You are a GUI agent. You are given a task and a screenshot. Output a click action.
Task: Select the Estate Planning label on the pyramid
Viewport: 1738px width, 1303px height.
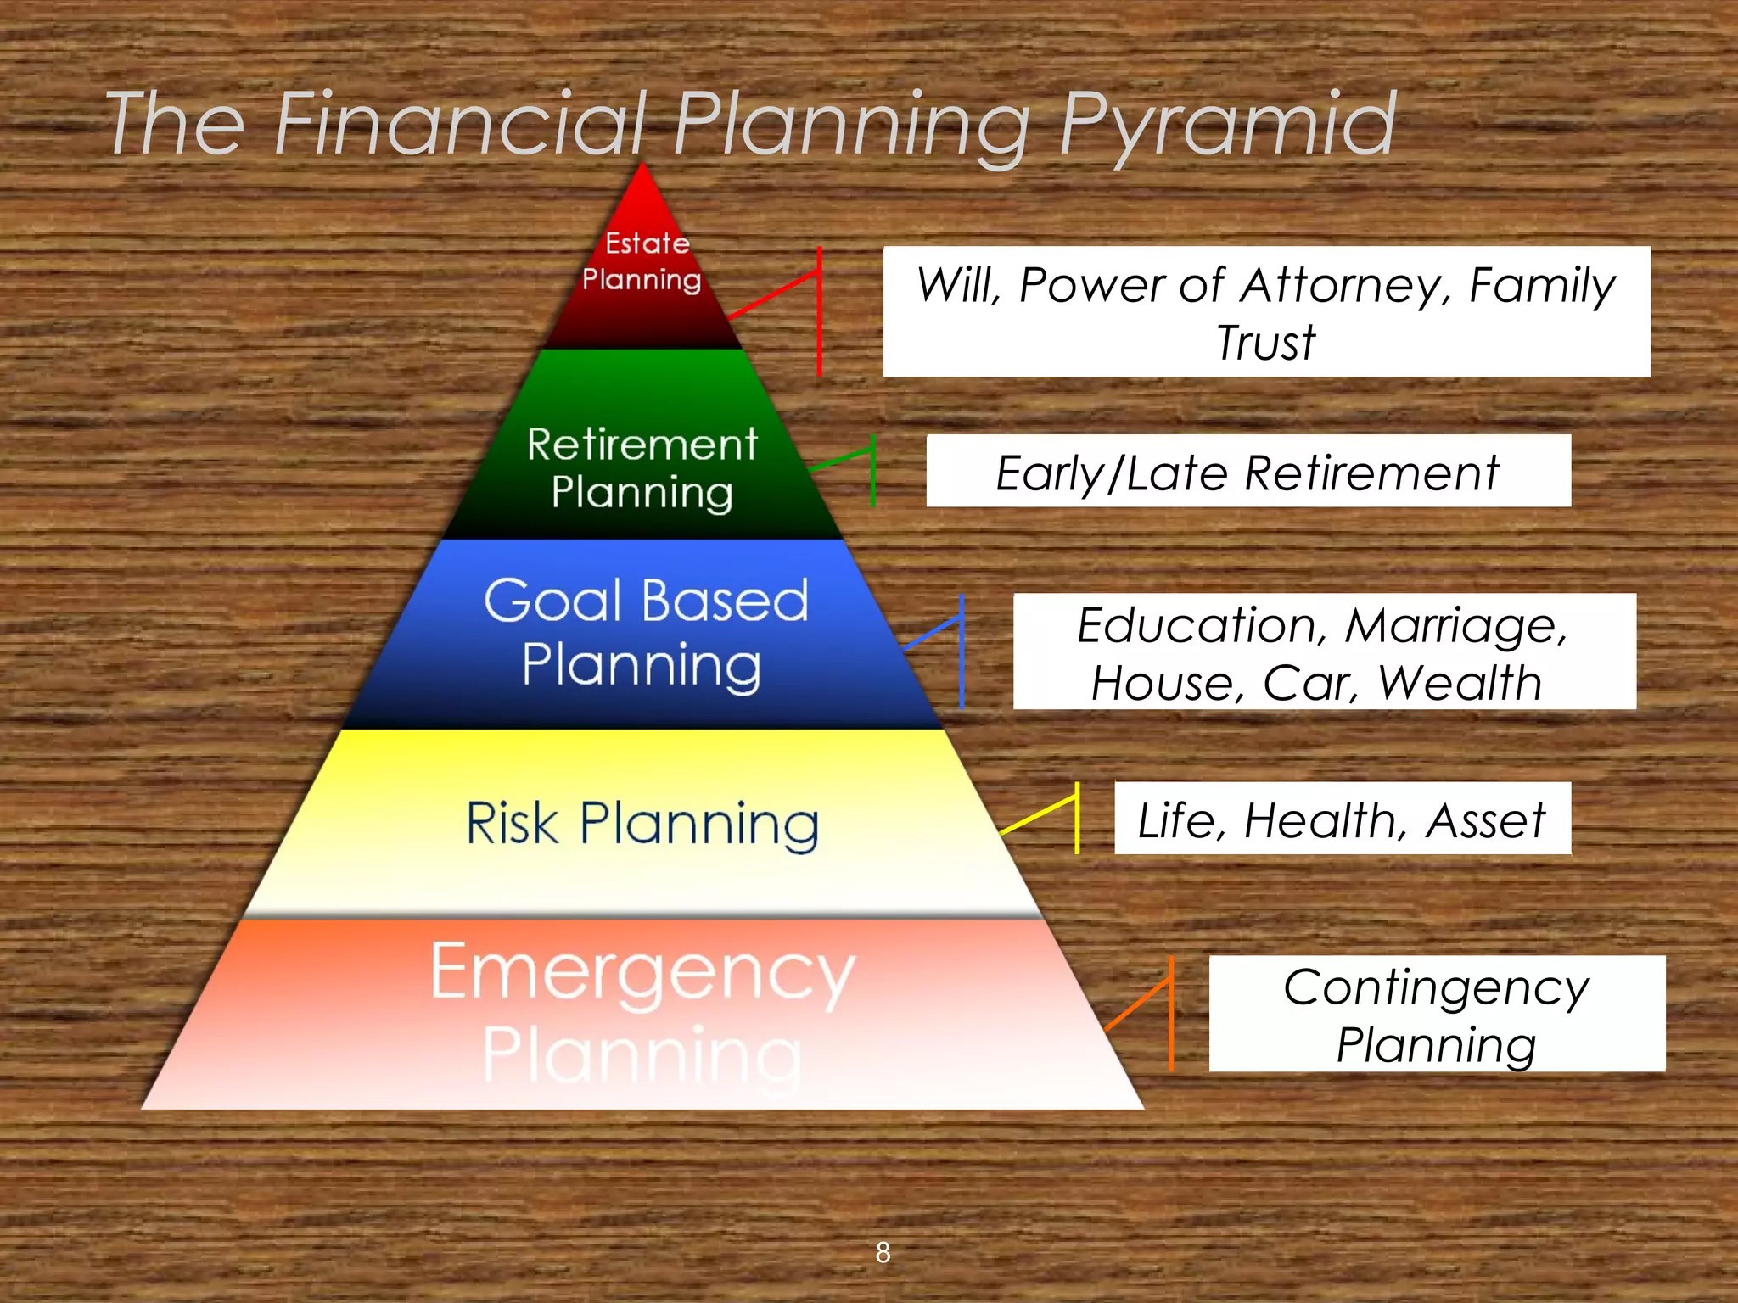point(643,261)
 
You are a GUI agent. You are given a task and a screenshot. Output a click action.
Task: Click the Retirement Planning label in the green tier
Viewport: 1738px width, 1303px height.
point(642,467)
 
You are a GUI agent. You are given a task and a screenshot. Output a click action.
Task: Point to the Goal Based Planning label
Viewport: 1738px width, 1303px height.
point(645,632)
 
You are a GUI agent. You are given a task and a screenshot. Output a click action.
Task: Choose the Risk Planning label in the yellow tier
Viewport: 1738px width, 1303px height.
point(642,823)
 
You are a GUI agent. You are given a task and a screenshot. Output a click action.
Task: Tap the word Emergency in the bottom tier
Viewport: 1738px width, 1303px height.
point(642,972)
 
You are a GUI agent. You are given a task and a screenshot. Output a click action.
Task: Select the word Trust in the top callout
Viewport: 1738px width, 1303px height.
point(1265,343)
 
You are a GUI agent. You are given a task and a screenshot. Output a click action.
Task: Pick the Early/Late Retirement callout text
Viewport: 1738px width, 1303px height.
point(1247,473)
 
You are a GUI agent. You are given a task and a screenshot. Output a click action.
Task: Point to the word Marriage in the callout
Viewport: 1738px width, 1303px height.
point(1456,625)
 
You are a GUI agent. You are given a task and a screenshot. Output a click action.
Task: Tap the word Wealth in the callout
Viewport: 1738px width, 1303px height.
point(1459,683)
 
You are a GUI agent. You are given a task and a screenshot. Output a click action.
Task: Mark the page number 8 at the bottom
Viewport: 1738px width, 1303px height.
point(883,1252)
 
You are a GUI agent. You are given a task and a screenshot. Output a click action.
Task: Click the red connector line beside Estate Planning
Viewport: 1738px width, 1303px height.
point(819,310)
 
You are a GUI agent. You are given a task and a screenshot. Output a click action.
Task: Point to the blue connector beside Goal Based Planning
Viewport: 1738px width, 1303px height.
point(962,651)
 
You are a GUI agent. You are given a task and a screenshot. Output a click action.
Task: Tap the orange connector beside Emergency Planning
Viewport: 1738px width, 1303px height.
point(1171,1013)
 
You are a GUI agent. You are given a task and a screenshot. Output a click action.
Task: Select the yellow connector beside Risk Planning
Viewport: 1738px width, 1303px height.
point(1076,818)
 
